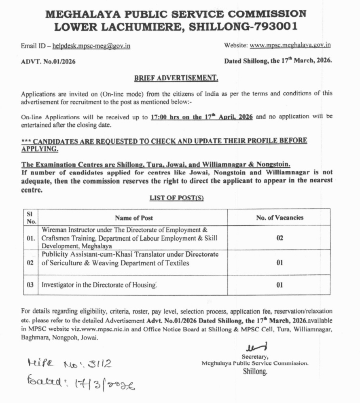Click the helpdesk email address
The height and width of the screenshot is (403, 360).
point(91,46)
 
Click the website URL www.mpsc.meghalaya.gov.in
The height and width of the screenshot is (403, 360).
point(290,45)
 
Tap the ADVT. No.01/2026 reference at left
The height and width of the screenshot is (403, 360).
point(48,62)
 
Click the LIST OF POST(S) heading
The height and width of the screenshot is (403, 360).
point(176,198)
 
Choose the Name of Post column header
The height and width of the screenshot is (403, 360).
point(134,218)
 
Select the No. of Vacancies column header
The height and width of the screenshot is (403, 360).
point(280,218)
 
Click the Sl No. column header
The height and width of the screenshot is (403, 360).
point(31,218)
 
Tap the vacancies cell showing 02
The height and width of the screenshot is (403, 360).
point(280,238)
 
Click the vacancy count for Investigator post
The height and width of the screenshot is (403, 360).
point(280,285)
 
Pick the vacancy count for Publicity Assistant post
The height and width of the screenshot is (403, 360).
point(280,263)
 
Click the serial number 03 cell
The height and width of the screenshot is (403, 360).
point(30,285)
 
